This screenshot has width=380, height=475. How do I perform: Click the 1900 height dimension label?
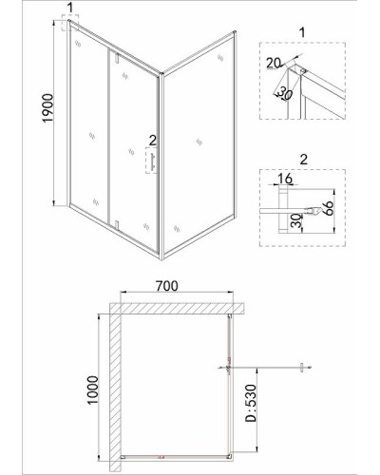click(48, 108)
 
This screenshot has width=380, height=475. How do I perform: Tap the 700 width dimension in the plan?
click(167, 286)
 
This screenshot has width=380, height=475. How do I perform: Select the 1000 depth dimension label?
click(93, 389)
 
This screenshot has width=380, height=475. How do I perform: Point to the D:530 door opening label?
click(250, 403)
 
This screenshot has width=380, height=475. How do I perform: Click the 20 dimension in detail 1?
click(274, 63)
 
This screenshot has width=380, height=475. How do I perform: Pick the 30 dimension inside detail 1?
click(284, 93)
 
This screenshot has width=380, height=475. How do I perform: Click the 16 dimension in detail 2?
click(285, 179)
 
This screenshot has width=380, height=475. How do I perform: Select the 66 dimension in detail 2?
click(329, 208)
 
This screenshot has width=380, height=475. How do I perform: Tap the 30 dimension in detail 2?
click(295, 220)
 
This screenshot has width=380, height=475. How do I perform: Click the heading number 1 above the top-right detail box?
click(302, 32)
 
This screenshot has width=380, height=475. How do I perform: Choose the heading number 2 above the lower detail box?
click(303, 160)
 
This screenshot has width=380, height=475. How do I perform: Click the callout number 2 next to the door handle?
click(153, 141)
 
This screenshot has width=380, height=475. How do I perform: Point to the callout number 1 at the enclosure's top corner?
click(70, 8)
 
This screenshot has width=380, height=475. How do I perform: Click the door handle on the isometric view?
click(153, 162)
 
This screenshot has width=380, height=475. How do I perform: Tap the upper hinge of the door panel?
click(116, 58)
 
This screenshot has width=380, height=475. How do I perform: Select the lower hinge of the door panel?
click(116, 224)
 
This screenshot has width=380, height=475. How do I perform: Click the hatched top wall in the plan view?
click(178, 309)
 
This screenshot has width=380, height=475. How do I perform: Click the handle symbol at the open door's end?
click(302, 368)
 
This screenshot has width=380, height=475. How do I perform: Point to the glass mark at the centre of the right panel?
click(199, 142)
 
